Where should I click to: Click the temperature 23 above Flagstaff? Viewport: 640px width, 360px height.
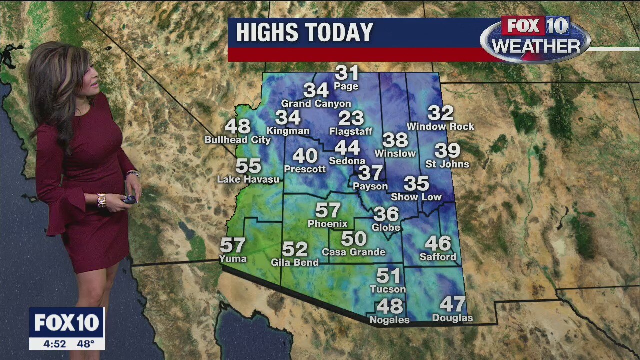point(351,118)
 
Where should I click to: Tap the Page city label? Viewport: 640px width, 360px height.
point(346,86)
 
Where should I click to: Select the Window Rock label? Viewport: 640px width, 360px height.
point(440,127)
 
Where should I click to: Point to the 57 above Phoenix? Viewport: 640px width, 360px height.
point(328,210)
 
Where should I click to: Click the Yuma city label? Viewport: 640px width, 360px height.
point(233,258)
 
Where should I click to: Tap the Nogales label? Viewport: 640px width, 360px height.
point(389,320)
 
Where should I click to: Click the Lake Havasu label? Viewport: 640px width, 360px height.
point(248,179)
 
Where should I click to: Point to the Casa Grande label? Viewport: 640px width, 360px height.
point(354,252)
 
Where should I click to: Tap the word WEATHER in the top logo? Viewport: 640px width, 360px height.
point(536,47)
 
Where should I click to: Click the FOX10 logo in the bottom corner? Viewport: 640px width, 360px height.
point(67,323)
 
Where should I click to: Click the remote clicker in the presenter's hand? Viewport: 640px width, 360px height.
point(129,199)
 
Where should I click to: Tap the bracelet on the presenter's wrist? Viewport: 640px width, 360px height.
point(101,200)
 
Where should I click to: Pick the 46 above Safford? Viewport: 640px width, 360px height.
point(438,244)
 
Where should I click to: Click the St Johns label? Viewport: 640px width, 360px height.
point(447,164)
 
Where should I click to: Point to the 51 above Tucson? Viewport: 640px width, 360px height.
point(388,276)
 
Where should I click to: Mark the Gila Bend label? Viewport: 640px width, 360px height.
point(295,262)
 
